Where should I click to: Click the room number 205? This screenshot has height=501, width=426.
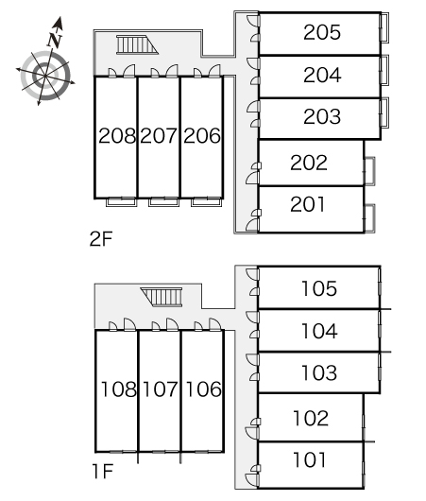click(x=322, y=32)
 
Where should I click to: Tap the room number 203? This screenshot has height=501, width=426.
click(x=322, y=116)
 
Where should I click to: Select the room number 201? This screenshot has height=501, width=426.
click(x=308, y=204)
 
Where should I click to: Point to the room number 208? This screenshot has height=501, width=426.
click(x=117, y=135)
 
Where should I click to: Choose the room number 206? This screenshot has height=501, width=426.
click(x=202, y=135)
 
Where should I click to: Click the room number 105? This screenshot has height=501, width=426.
click(x=319, y=288)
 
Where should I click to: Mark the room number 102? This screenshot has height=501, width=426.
click(x=311, y=418)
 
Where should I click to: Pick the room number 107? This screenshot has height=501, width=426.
click(x=160, y=389)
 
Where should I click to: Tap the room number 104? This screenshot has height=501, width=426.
click(x=319, y=331)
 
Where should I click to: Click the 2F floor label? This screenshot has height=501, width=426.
click(x=101, y=238)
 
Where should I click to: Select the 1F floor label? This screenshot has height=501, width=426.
click(x=103, y=471)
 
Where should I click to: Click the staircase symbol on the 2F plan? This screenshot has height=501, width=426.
click(x=137, y=44)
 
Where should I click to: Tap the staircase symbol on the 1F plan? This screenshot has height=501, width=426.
click(x=162, y=297)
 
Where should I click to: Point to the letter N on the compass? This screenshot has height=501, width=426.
click(x=55, y=40)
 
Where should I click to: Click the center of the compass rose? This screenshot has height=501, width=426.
click(x=45, y=76)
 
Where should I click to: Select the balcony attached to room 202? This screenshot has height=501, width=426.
click(x=369, y=171)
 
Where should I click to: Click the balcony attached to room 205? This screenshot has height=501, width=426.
click(x=384, y=27)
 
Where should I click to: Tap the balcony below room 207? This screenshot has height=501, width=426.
click(x=163, y=202)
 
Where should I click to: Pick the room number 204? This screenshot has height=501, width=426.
click(x=322, y=75)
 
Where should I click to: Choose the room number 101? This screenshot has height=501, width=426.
click(x=310, y=460)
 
